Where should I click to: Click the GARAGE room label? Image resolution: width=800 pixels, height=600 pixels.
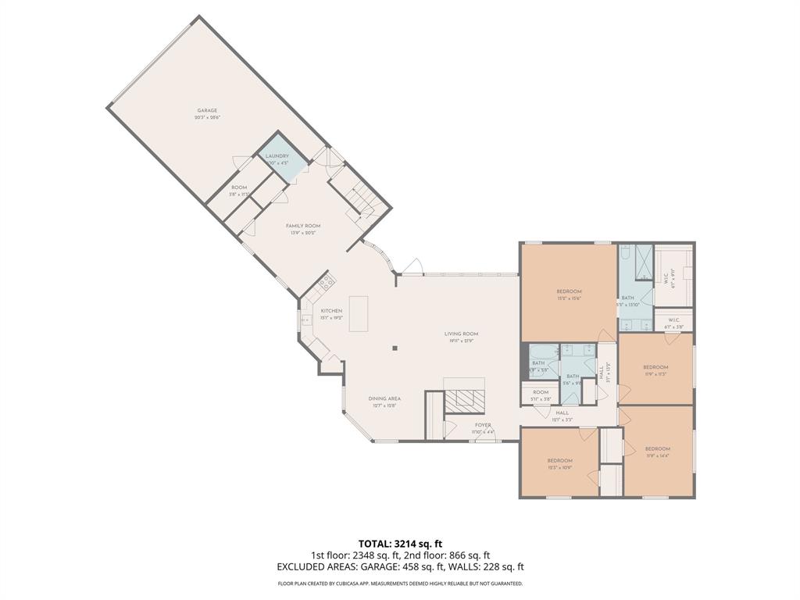click(x=207, y=111)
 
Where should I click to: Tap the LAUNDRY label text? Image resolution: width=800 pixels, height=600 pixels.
click(x=277, y=156)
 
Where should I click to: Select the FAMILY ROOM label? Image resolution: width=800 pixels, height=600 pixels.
click(x=302, y=226)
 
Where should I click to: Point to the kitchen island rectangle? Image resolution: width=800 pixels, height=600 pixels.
click(x=359, y=313)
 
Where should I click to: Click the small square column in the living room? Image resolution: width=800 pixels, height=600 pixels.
click(x=395, y=348)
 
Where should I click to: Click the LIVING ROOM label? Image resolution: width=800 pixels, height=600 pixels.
click(x=461, y=334)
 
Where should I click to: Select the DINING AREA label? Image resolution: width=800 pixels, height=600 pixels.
click(x=384, y=398)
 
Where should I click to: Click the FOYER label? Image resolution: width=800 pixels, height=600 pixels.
click(x=483, y=425)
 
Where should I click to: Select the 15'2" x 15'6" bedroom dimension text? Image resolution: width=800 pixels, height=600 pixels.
click(x=569, y=298)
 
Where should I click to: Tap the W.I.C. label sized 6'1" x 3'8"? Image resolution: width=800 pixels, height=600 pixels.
click(x=673, y=327)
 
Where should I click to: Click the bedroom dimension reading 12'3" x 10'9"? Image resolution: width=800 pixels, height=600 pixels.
click(x=559, y=467)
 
